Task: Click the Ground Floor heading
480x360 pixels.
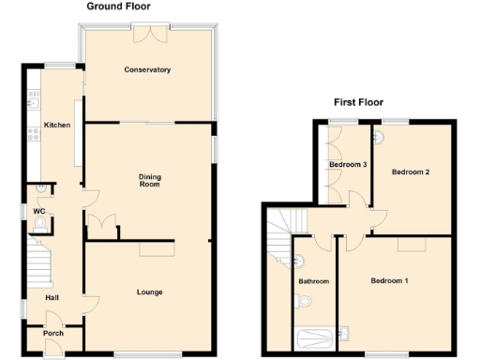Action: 119,7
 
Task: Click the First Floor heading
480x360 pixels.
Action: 358,102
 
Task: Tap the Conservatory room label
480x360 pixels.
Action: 148,69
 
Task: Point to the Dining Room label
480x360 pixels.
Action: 150,180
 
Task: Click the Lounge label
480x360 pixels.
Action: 150,292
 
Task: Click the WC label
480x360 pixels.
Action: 39,211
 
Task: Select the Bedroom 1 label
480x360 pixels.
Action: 389,280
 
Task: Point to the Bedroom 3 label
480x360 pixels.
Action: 347,165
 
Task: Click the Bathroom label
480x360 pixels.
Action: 313,280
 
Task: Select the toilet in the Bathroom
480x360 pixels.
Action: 302,303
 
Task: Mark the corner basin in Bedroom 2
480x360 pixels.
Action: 379,136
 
